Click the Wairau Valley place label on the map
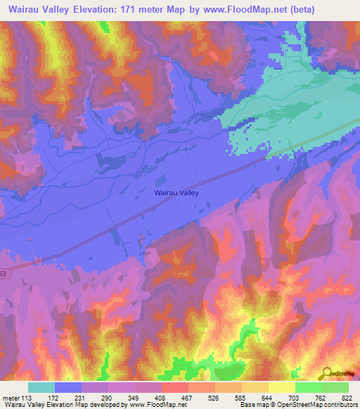pyautogui.click(x=176, y=192)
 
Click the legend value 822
pyautogui.click(x=340, y=397)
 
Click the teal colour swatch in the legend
pyautogui.click(x=41, y=387)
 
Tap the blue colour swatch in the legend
pyautogui.click(x=68, y=387)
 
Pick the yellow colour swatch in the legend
pyautogui.click(x=282, y=387)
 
